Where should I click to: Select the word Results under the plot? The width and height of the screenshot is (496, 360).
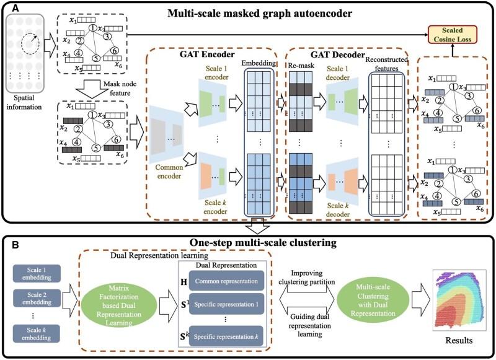coord(463,341)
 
